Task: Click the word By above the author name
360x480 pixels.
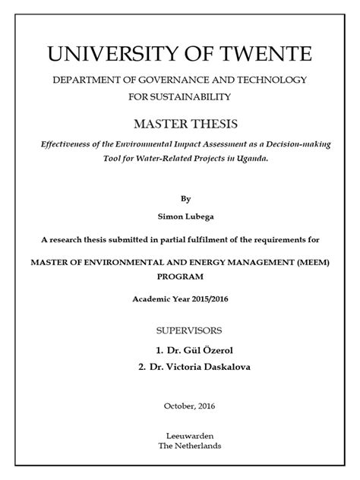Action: click(186, 197)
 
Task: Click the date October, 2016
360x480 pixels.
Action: click(186, 406)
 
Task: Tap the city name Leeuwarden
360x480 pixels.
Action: click(187, 436)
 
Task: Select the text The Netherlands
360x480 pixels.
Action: click(187, 447)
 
